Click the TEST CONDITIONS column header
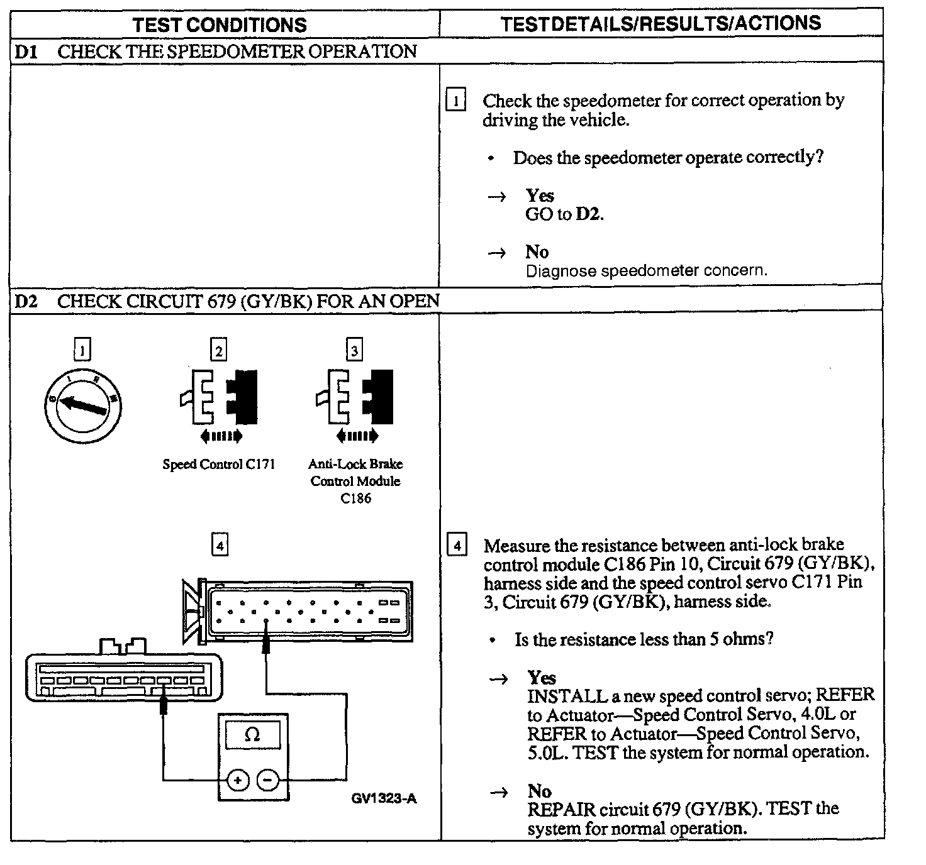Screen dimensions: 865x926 [x=220, y=25]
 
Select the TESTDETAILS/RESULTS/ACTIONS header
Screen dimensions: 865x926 [x=661, y=24]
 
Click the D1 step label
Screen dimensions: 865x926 [x=26, y=52]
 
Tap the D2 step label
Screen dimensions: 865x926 [x=26, y=301]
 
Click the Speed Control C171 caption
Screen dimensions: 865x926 [x=219, y=465]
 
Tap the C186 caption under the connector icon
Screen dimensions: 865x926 [x=355, y=499]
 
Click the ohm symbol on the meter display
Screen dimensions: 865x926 [x=253, y=734]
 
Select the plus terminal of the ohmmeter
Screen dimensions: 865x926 [x=238, y=781]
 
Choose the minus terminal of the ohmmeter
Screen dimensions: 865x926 [x=268, y=781]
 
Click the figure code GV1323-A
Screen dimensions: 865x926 [x=384, y=798]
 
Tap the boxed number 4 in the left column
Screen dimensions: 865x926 [x=220, y=546]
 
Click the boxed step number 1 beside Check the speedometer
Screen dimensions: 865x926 [x=455, y=101]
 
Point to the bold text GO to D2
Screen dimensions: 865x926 [x=564, y=214]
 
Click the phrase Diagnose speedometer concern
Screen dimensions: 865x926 [x=646, y=271]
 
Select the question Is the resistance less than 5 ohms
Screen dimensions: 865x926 [x=644, y=640]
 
